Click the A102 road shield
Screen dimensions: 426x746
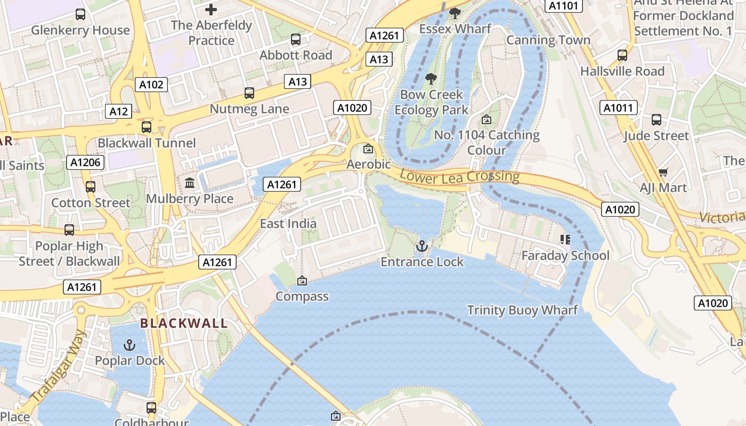pyautogui.click(x=151, y=84)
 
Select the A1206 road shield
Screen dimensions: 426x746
pyautogui.click(x=85, y=162)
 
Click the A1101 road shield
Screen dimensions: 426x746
pyautogui.click(x=563, y=6)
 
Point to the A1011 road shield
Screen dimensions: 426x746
pyautogui.click(x=619, y=108)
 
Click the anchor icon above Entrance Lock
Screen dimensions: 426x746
pyautogui.click(x=422, y=246)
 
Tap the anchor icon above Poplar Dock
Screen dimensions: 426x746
pyautogui.click(x=129, y=345)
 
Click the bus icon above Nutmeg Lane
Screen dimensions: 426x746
pyautogui.click(x=249, y=93)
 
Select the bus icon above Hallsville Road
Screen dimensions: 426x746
pyautogui.click(x=622, y=55)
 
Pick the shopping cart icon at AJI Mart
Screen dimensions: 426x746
pyautogui.click(x=663, y=172)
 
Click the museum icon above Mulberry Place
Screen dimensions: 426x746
pyautogui.click(x=189, y=183)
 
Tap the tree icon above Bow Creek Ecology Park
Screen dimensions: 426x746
pyautogui.click(x=431, y=79)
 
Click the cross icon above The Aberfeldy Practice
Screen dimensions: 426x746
pyautogui.click(x=211, y=10)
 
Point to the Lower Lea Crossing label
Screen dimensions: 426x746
pyautogui.click(x=459, y=177)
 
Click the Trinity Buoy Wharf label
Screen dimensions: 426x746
pyautogui.click(x=522, y=310)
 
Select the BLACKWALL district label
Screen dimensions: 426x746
pyautogui.click(x=184, y=323)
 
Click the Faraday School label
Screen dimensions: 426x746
pyautogui.click(x=565, y=256)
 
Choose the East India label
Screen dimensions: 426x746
pyautogui.click(x=288, y=224)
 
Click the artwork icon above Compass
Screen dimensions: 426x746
pyautogui.click(x=302, y=281)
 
